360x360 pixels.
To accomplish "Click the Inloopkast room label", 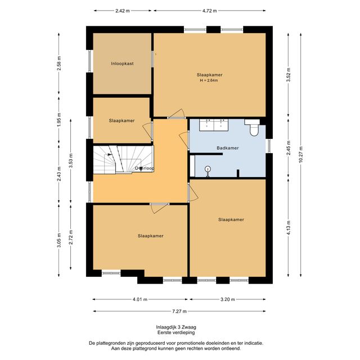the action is [122, 64].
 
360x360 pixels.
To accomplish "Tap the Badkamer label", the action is [227, 148].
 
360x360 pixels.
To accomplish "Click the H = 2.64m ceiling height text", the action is [209, 80].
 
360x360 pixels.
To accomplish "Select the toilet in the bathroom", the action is [253, 128].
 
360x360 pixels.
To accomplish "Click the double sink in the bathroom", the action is [214, 125].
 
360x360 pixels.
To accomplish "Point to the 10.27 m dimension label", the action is [301, 155].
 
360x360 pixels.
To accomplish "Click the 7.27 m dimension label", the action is [179, 311].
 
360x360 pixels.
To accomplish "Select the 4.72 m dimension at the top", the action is [209, 11].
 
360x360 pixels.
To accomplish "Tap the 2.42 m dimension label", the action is [123, 11].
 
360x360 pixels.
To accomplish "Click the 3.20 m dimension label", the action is [227, 299].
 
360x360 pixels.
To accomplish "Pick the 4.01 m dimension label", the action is [140, 299].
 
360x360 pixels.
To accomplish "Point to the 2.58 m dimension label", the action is [59, 64].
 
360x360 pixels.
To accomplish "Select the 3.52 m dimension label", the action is [289, 75].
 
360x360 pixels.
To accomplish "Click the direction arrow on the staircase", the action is [110, 155].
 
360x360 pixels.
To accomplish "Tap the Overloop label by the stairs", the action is [145, 168].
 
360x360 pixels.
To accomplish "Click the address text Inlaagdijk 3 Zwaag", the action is [176, 327].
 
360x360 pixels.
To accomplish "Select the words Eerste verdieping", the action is [176, 332].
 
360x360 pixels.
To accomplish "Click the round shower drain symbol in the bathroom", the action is [208, 169].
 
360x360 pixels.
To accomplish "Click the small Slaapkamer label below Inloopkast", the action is [121, 121].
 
